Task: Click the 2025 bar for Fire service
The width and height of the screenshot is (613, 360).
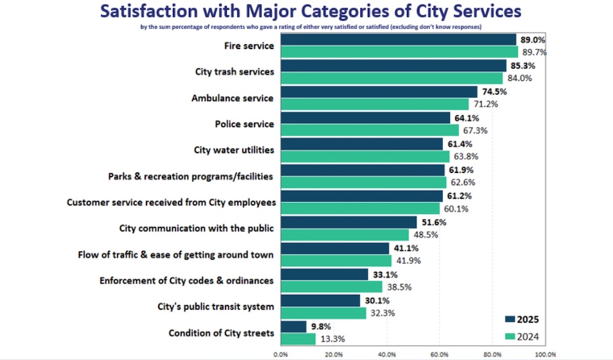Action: [398, 40]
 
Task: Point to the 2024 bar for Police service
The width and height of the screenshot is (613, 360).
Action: [370, 130]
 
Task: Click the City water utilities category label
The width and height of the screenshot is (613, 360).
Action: [234, 150]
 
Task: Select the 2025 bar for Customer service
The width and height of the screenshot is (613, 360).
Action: [362, 196]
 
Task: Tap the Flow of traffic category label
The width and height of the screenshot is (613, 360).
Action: [176, 255]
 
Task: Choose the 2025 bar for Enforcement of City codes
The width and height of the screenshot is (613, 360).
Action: [324, 275]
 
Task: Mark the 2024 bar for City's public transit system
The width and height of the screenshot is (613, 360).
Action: [323, 313]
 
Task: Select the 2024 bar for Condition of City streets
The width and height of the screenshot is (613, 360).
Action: [298, 339]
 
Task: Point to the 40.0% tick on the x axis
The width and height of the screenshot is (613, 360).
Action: [386, 354]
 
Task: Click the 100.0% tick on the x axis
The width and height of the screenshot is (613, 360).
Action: [545, 354]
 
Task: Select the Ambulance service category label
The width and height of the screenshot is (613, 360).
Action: [232, 98]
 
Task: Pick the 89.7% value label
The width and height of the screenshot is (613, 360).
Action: [534, 52]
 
